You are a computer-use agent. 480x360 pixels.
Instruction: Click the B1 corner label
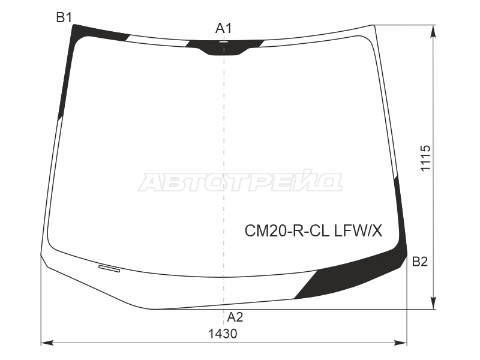(64, 17)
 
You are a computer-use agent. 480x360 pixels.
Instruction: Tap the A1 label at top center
(223, 28)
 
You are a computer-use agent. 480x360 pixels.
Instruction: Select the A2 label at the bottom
(235, 317)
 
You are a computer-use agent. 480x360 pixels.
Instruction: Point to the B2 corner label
(419, 262)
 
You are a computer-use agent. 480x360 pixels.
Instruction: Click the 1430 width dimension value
(223, 334)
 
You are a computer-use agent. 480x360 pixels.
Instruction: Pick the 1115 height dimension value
(425, 158)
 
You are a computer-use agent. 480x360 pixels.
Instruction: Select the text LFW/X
(358, 231)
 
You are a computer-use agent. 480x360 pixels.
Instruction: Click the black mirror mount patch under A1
(224, 48)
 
